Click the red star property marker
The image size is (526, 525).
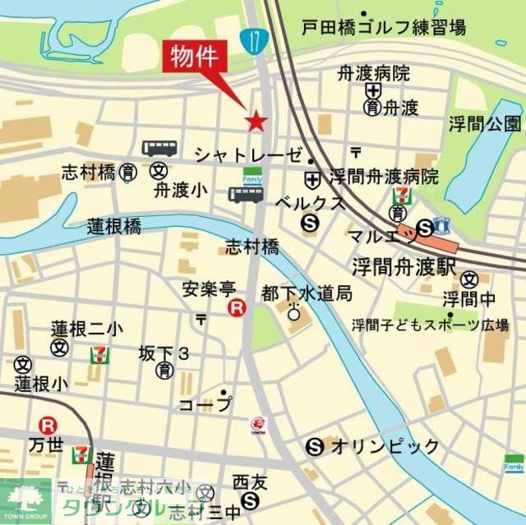(x=256, y=122)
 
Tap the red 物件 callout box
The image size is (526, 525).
(x=196, y=58)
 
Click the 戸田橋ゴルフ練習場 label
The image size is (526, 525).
(x=383, y=28)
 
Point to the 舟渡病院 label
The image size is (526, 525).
(x=373, y=73)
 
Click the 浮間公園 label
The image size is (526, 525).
(x=485, y=124)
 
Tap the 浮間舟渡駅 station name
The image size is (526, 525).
(x=393, y=266)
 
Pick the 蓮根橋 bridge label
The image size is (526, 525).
(x=114, y=227)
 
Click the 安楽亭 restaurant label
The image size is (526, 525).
(x=209, y=288)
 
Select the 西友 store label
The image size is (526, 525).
(x=251, y=481)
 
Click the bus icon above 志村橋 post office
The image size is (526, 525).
(x=158, y=148)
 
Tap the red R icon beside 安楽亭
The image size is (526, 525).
(x=237, y=309)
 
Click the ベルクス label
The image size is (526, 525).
(x=309, y=201)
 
